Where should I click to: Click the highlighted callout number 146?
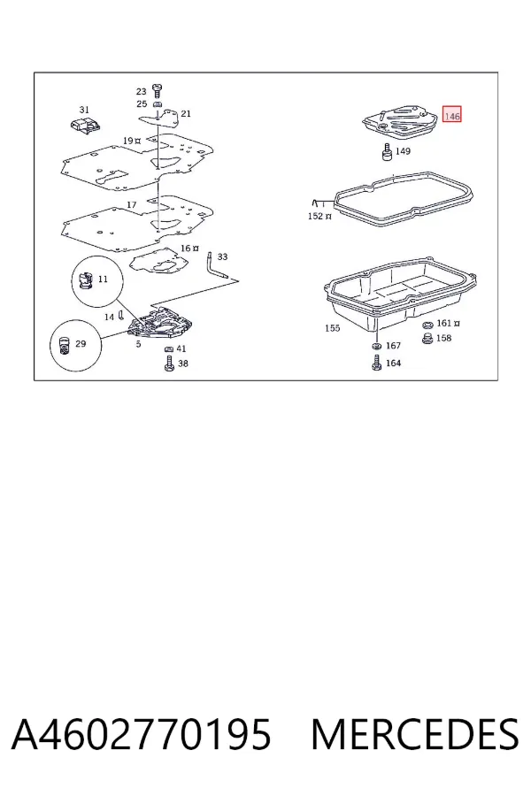pyautogui.click(x=451, y=116)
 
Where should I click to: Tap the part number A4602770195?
pyautogui.click(x=142, y=734)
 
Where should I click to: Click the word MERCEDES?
pyautogui.click(x=415, y=734)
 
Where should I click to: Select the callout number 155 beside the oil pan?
pyautogui.click(x=333, y=328)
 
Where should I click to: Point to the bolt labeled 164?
pyautogui.click(x=376, y=363)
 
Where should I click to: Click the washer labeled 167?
pyautogui.click(x=376, y=346)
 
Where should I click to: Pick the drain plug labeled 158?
pyautogui.click(x=427, y=338)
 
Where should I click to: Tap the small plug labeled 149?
pyautogui.click(x=388, y=151)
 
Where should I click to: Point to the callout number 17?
pyautogui.click(x=131, y=204)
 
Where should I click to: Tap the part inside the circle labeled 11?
pyautogui.click(x=84, y=280)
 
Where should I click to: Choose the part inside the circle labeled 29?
pyautogui.click(x=64, y=345)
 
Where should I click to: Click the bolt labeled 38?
pyautogui.click(x=169, y=363)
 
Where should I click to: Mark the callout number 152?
pyautogui.click(x=315, y=216)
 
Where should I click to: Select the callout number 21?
pyautogui.click(x=186, y=114)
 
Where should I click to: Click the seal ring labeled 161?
pyautogui.click(x=427, y=325)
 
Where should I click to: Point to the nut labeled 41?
pyautogui.click(x=169, y=349)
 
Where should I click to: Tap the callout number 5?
pyautogui.click(x=138, y=344)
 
